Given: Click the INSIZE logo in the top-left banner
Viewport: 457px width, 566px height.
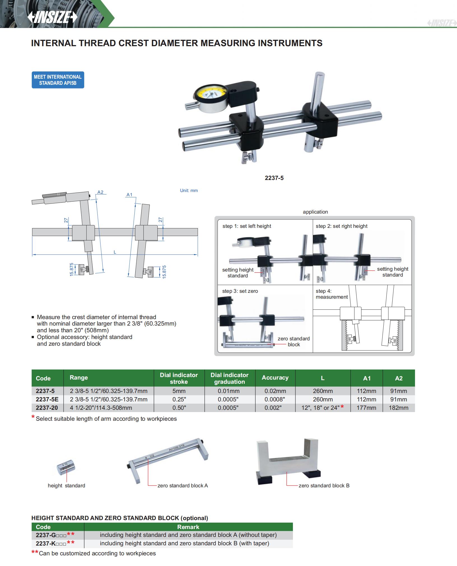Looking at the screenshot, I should click(52, 18).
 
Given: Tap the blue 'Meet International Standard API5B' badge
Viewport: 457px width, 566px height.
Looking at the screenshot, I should click(58, 80).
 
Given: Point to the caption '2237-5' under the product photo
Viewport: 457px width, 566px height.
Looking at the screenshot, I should click(274, 178).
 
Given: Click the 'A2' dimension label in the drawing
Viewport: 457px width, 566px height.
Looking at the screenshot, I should click(100, 192).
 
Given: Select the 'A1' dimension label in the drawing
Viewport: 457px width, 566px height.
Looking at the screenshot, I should click(129, 195).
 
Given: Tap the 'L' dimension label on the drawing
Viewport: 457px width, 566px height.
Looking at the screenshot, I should click(115, 252).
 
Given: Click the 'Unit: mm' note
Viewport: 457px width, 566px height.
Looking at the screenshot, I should click(189, 191).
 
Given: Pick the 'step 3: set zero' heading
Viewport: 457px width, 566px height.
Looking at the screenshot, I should click(240, 291).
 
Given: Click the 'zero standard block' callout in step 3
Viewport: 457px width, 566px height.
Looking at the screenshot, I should click(293, 342).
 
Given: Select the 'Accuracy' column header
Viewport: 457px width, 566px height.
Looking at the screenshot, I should click(275, 378).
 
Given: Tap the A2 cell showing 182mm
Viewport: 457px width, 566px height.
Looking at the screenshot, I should click(398, 408).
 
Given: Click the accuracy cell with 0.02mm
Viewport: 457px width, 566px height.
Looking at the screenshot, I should click(275, 391).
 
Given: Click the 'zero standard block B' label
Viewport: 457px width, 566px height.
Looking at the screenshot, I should click(324, 486).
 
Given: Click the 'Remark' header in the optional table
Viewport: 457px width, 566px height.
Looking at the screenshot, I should click(188, 527).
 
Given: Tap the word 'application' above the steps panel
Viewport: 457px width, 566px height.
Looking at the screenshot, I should click(315, 212).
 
